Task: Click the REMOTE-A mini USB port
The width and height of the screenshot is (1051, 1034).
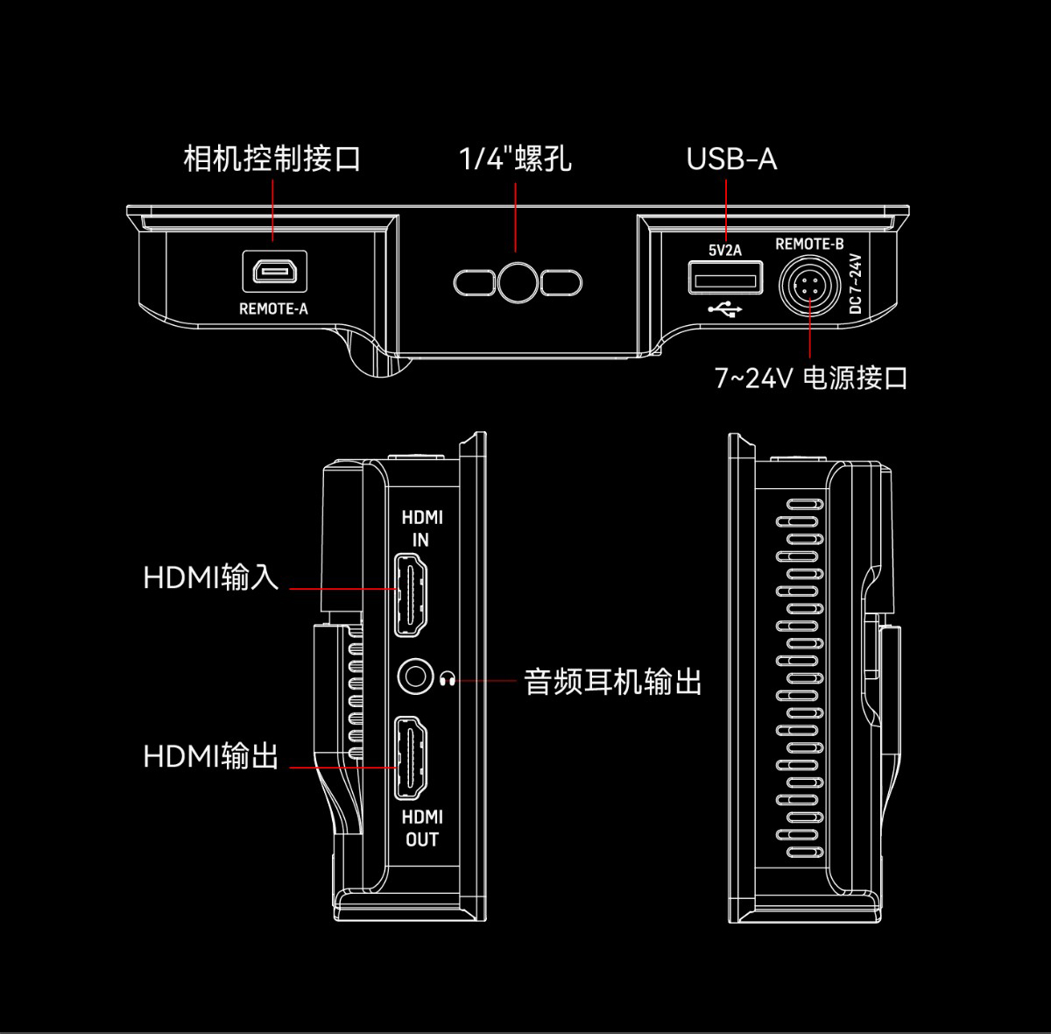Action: pos(274,273)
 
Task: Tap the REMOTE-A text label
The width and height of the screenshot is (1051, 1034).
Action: pos(273,308)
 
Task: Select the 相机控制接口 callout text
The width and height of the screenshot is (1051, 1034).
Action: pos(272,159)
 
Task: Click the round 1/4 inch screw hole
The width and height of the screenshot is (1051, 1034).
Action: pos(517,282)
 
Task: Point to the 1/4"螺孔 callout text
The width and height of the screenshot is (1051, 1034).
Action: pos(515,159)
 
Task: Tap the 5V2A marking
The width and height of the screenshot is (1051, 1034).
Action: pos(725,251)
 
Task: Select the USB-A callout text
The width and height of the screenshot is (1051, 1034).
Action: pos(730,159)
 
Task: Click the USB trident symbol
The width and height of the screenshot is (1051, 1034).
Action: pos(725,309)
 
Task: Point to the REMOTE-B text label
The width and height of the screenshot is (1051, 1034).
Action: pos(809,244)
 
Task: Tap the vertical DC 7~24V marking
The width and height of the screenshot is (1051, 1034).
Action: pos(856,284)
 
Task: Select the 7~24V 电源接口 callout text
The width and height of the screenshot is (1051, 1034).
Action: pos(811,379)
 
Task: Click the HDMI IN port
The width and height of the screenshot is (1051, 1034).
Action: pos(412,594)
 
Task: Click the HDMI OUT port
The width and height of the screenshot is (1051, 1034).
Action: pos(412,757)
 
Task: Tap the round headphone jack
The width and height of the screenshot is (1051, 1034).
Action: pos(416,677)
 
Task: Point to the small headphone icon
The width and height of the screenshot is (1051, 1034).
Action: pos(448,678)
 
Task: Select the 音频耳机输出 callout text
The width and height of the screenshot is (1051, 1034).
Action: pos(613,681)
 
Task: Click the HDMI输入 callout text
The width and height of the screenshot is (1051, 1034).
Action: pos(211,577)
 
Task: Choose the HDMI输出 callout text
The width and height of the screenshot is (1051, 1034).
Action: pos(211,755)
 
